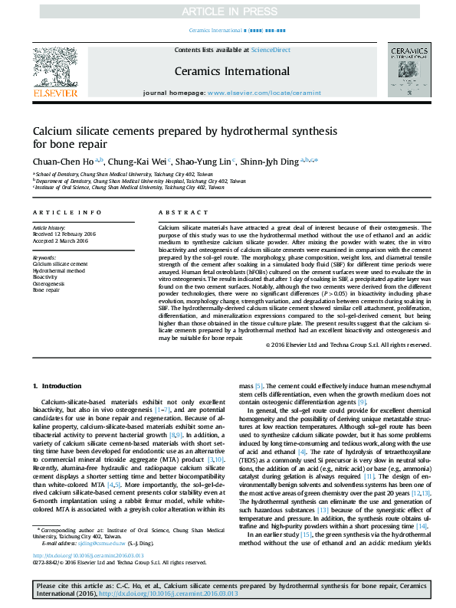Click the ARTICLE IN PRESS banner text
(x=228, y=11)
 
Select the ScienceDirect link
(x=271, y=50)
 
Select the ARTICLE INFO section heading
(x=67, y=211)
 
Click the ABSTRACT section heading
(x=179, y=211)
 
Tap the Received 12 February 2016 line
(x=64, y=234)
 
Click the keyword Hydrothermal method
(x=58, y=270)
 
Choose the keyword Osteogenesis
(x=49, y=284)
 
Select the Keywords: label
(x=44, y=257)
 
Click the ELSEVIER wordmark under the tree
(x=54, y=93)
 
